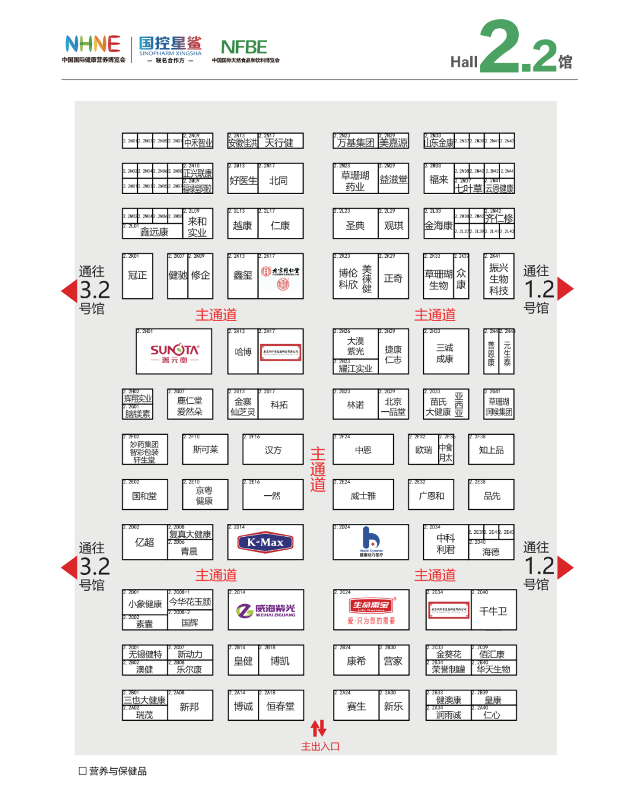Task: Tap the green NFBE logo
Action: coord(244,47)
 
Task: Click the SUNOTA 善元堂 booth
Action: coord(174,352)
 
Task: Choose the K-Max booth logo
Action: coord(266,543)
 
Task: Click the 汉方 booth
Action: coord(273,450)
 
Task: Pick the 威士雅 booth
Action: coord(363,496)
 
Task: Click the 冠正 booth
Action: coord(137,275)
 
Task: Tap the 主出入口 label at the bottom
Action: coord(320,747)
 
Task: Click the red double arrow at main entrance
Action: coord(318,728)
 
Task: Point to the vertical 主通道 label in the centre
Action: coord(318,469)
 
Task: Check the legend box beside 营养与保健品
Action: coord(83,771)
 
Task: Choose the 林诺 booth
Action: coord(355,405)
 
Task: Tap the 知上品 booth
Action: coord(491,450)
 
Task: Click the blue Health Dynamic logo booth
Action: coord(370,541)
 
